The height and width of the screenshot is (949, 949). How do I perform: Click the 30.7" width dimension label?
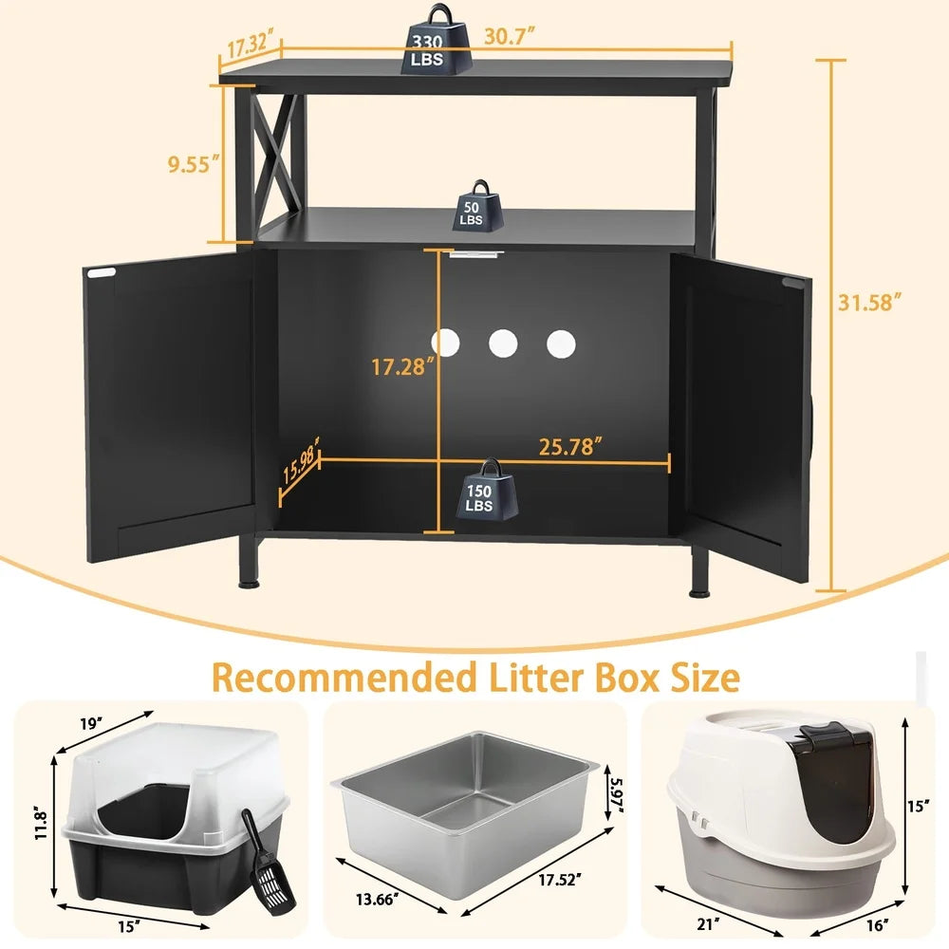[510, 37]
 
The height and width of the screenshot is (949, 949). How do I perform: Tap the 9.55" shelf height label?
[194, 164]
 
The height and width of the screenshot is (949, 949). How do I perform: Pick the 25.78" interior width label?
[570, 447]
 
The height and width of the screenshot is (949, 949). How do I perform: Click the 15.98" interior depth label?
[300, 461]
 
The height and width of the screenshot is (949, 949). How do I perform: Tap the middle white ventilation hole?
[503, 344]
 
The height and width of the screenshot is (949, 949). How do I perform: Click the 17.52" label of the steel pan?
[560, 880]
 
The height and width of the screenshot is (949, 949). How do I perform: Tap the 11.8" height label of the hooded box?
[41, 823]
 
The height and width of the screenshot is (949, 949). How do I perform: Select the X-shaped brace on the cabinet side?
[275, 152]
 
